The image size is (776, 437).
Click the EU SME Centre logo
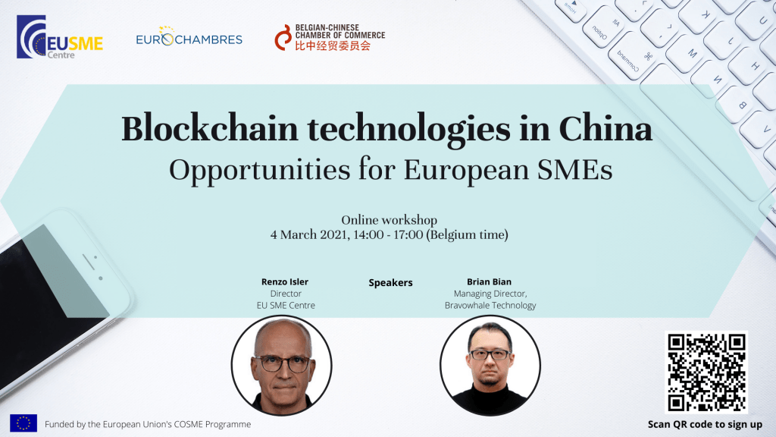pyautogui.click(x=60, y=36)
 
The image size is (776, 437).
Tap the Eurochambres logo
pyautogui.click(x=189, y=36)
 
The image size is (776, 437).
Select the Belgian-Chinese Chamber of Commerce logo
pyautogui.click(x=330, y=38)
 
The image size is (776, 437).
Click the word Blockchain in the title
pyautogui.click(x=210, y=129)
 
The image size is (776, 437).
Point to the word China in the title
pyautogui.click(x=605, y=129)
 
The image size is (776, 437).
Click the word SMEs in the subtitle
pyautogui.click(x=575, y=169)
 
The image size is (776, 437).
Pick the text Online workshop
pyautogui.click(x=389, y=220)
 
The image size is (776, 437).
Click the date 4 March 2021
pyautogui.click(x=308, y=235)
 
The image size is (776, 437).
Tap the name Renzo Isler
pyautogui.click(x=285, y=282)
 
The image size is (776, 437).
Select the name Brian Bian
pyautogui.click(x=489, y=282)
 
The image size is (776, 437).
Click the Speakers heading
pyautogui.click(x=390, y=283)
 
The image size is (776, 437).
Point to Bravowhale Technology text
pyautogui.click(x=490, y=305)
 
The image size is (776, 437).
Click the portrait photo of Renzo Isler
pyautogui.click(x=282, y=366)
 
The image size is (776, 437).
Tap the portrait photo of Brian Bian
pyautogui.click(x=490, y=366)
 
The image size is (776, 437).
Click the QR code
pyautogui.click(x=706, y=372)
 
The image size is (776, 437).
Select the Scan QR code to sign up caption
pyautogui.click(x=706, y=425)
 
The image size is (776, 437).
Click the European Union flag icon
pyautogui.click(x=23, y=423)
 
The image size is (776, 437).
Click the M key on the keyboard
pyautogui.click(x=692, y=54)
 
